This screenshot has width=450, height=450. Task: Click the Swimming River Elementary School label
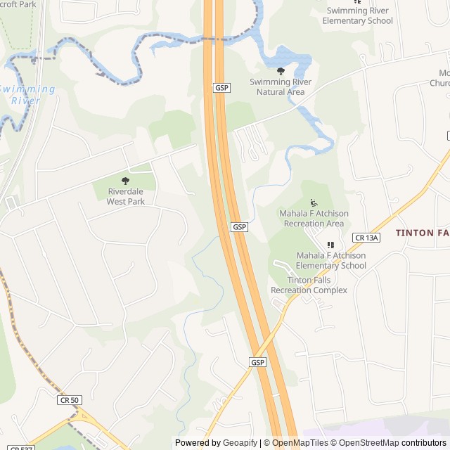coord(357,15)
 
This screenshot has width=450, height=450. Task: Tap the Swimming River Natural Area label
coord(281,86)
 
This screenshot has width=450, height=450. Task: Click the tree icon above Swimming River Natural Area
coord(281,71)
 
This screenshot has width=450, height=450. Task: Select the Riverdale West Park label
coord(126,196)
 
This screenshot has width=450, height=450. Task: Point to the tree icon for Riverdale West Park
coord(126,181)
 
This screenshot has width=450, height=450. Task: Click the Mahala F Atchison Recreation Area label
coord(313,219)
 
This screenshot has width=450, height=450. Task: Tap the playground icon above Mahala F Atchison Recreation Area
coord(313,203)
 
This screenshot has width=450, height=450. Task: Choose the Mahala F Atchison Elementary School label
coord(330,260)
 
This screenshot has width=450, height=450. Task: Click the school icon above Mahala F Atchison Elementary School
coord(330,245)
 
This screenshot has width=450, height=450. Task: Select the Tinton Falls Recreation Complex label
coord(309,285)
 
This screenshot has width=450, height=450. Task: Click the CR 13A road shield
coord(366,238)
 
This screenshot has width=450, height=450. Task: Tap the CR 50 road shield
coord(70,399)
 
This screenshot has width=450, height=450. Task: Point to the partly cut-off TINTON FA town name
coord(422,233)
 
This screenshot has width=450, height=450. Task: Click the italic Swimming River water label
coord(26,94)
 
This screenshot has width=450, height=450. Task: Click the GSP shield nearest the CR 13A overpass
coord(258,362)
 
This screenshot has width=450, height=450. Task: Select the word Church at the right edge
coord(439,83)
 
